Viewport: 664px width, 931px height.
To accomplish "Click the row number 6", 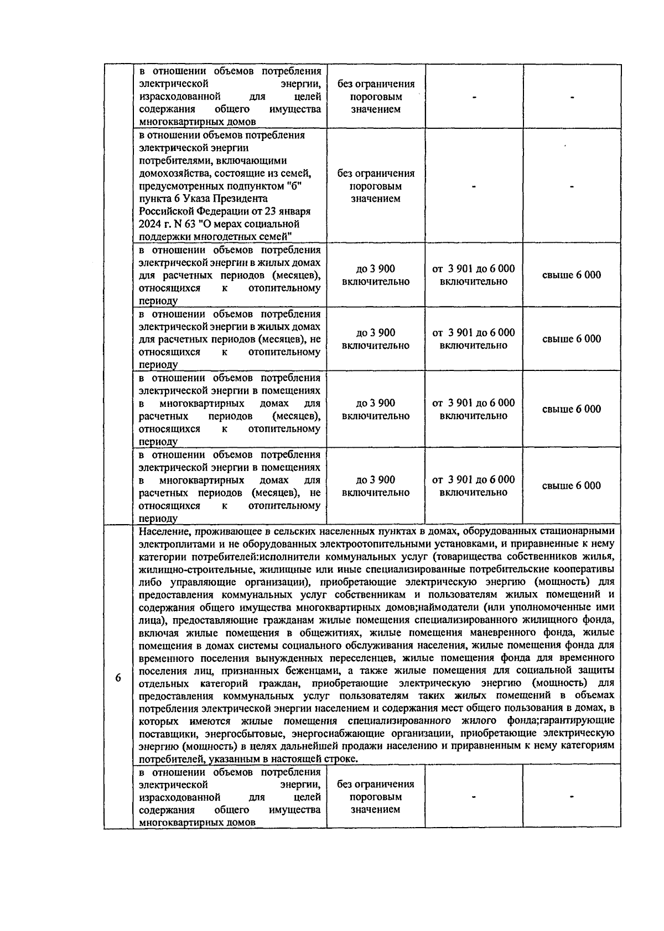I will click(118, 678).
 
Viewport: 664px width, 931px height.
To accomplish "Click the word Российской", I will click(166, 211).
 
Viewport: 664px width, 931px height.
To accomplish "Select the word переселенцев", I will click(367, 658).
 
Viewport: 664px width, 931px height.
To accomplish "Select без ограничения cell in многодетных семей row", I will click(376, 186).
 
